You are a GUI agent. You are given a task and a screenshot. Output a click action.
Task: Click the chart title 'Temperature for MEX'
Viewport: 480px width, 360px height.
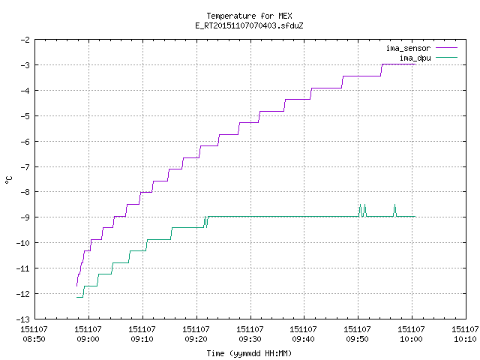click(249, 16)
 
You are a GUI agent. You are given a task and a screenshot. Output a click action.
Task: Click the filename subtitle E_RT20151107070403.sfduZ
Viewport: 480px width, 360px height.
click(249, 25)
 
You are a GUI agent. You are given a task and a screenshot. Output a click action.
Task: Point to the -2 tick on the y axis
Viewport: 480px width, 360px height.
click(25, 40)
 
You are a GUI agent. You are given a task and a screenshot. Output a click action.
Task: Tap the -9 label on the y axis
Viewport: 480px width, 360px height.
click(25, 217)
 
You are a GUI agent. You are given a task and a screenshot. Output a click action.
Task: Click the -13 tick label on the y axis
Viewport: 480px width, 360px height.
click(23, 319)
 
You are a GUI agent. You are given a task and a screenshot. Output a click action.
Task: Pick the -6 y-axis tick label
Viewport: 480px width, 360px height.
click(25, 142)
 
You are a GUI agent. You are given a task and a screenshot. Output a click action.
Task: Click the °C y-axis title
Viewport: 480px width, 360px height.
click(8, 180)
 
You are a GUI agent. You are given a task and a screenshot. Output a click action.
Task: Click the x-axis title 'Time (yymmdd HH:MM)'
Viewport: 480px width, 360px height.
click(249, 353)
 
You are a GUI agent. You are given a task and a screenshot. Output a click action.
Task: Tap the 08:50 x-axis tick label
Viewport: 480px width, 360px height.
click(34, 339)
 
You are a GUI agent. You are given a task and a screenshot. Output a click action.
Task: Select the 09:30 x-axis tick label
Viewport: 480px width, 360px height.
click(250, 339)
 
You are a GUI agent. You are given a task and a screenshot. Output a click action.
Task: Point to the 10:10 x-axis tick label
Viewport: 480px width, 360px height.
click(465, 339)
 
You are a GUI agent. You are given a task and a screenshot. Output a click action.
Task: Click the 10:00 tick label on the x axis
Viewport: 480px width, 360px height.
click(411, 339)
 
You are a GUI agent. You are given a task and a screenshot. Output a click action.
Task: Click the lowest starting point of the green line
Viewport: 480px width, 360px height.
click(76, 297)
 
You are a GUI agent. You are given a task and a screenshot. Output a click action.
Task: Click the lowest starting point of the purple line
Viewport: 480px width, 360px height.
click(76, 286)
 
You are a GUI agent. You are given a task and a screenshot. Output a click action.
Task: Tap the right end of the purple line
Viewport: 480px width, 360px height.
click(415, 64)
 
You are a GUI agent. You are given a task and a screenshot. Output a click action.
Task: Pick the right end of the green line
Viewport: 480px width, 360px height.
click(415, 217)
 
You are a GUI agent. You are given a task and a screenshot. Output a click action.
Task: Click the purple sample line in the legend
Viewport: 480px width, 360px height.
click(447, 48)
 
